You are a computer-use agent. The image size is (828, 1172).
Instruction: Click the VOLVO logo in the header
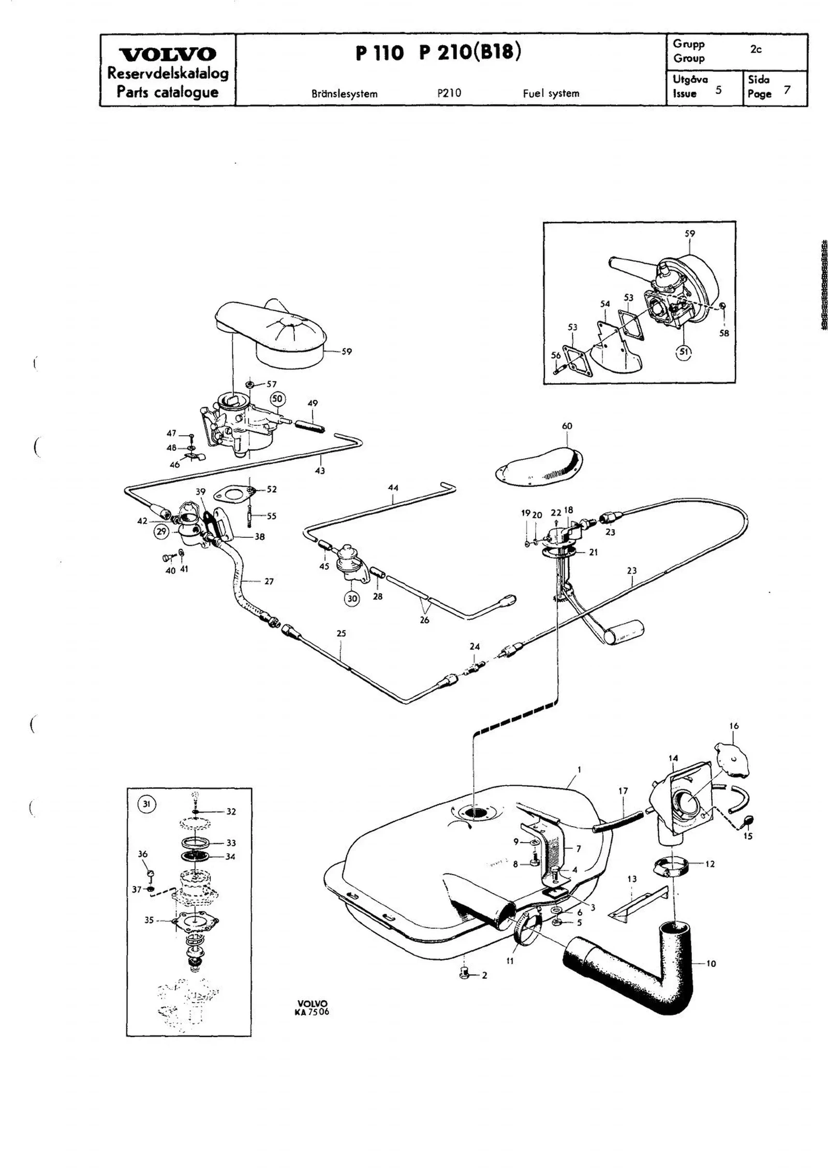pos(168,54)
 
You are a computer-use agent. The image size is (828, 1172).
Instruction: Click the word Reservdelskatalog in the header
pos(168,74)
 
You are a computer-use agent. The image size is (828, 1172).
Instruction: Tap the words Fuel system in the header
pos(551,94)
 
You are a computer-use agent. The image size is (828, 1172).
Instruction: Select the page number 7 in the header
pos(787,90)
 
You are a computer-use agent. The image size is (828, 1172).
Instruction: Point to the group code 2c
pos(756,50)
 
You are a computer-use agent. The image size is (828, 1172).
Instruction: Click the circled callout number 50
pos(277,399)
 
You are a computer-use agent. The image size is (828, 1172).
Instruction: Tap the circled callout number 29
pos(161,532)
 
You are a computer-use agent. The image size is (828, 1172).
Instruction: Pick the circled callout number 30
pos(352,598)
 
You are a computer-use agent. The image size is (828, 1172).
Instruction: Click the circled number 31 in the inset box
pos(146,804)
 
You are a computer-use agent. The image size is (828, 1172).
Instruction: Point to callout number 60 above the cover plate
pos(567,426)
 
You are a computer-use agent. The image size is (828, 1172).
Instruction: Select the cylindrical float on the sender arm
pos(625,633)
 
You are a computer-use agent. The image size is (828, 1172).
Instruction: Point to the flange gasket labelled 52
pos(233,493)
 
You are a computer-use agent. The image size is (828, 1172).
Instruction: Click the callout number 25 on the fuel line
pos(341,633)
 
